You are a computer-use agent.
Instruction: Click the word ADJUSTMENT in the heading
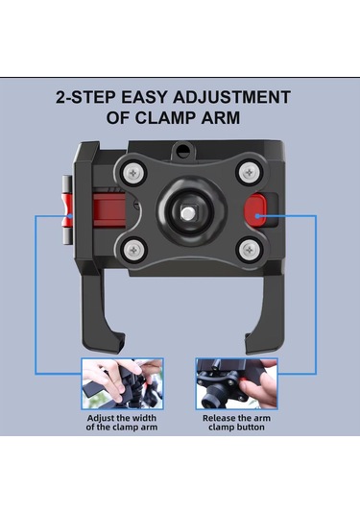click(231, 97)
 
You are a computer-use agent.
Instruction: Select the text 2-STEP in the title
click(85, 97)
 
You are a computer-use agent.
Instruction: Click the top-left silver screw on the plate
click(133, 172)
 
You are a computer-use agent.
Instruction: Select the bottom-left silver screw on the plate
click(133, 251)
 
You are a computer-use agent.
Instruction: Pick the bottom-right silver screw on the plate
click(250, 250)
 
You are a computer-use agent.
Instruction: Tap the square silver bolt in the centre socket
click(187, 213)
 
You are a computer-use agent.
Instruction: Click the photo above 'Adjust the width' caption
click(122, 383)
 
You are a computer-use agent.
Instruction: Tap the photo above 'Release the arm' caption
click(236, 383)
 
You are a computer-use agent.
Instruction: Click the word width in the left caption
click(143, 418)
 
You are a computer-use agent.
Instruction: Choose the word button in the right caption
click(250, 428)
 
